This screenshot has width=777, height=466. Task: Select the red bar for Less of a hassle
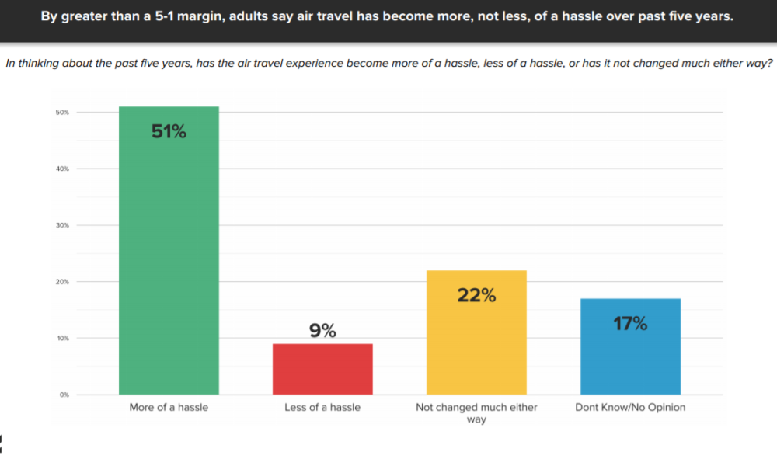click(322, 369)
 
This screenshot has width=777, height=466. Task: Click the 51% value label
click(169, 132)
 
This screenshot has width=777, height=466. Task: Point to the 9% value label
click(322, 332)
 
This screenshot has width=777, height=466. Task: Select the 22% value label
click(476, 296)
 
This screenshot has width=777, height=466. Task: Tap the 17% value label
click(630, 324)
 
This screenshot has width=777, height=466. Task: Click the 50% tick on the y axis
click(62, 113)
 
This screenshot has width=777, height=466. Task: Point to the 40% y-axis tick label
click(62, 169)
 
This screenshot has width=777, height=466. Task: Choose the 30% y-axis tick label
click(62, 225)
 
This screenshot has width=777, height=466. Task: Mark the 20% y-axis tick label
click(62, 282)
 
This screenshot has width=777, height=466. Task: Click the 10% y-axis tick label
click(62, 339)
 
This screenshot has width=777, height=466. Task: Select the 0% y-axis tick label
click(64, 395)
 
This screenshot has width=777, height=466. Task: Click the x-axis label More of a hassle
click(169, 407)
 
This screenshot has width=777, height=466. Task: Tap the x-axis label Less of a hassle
click(322, 407)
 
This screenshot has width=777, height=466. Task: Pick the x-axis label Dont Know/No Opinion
click(630, 407)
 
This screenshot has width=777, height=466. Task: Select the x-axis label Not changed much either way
click(476, 413)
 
